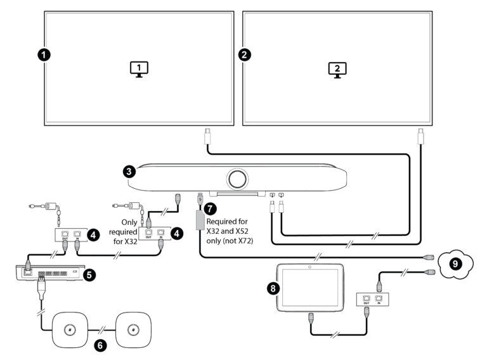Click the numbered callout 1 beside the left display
(43, 55)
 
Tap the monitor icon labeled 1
(139, 68)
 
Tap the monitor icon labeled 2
(337, 69)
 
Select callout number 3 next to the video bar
(129, 171)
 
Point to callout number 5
(89, 275)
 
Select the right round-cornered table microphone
(133, 329)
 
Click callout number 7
(211, 207)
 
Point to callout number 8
(273, 287)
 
